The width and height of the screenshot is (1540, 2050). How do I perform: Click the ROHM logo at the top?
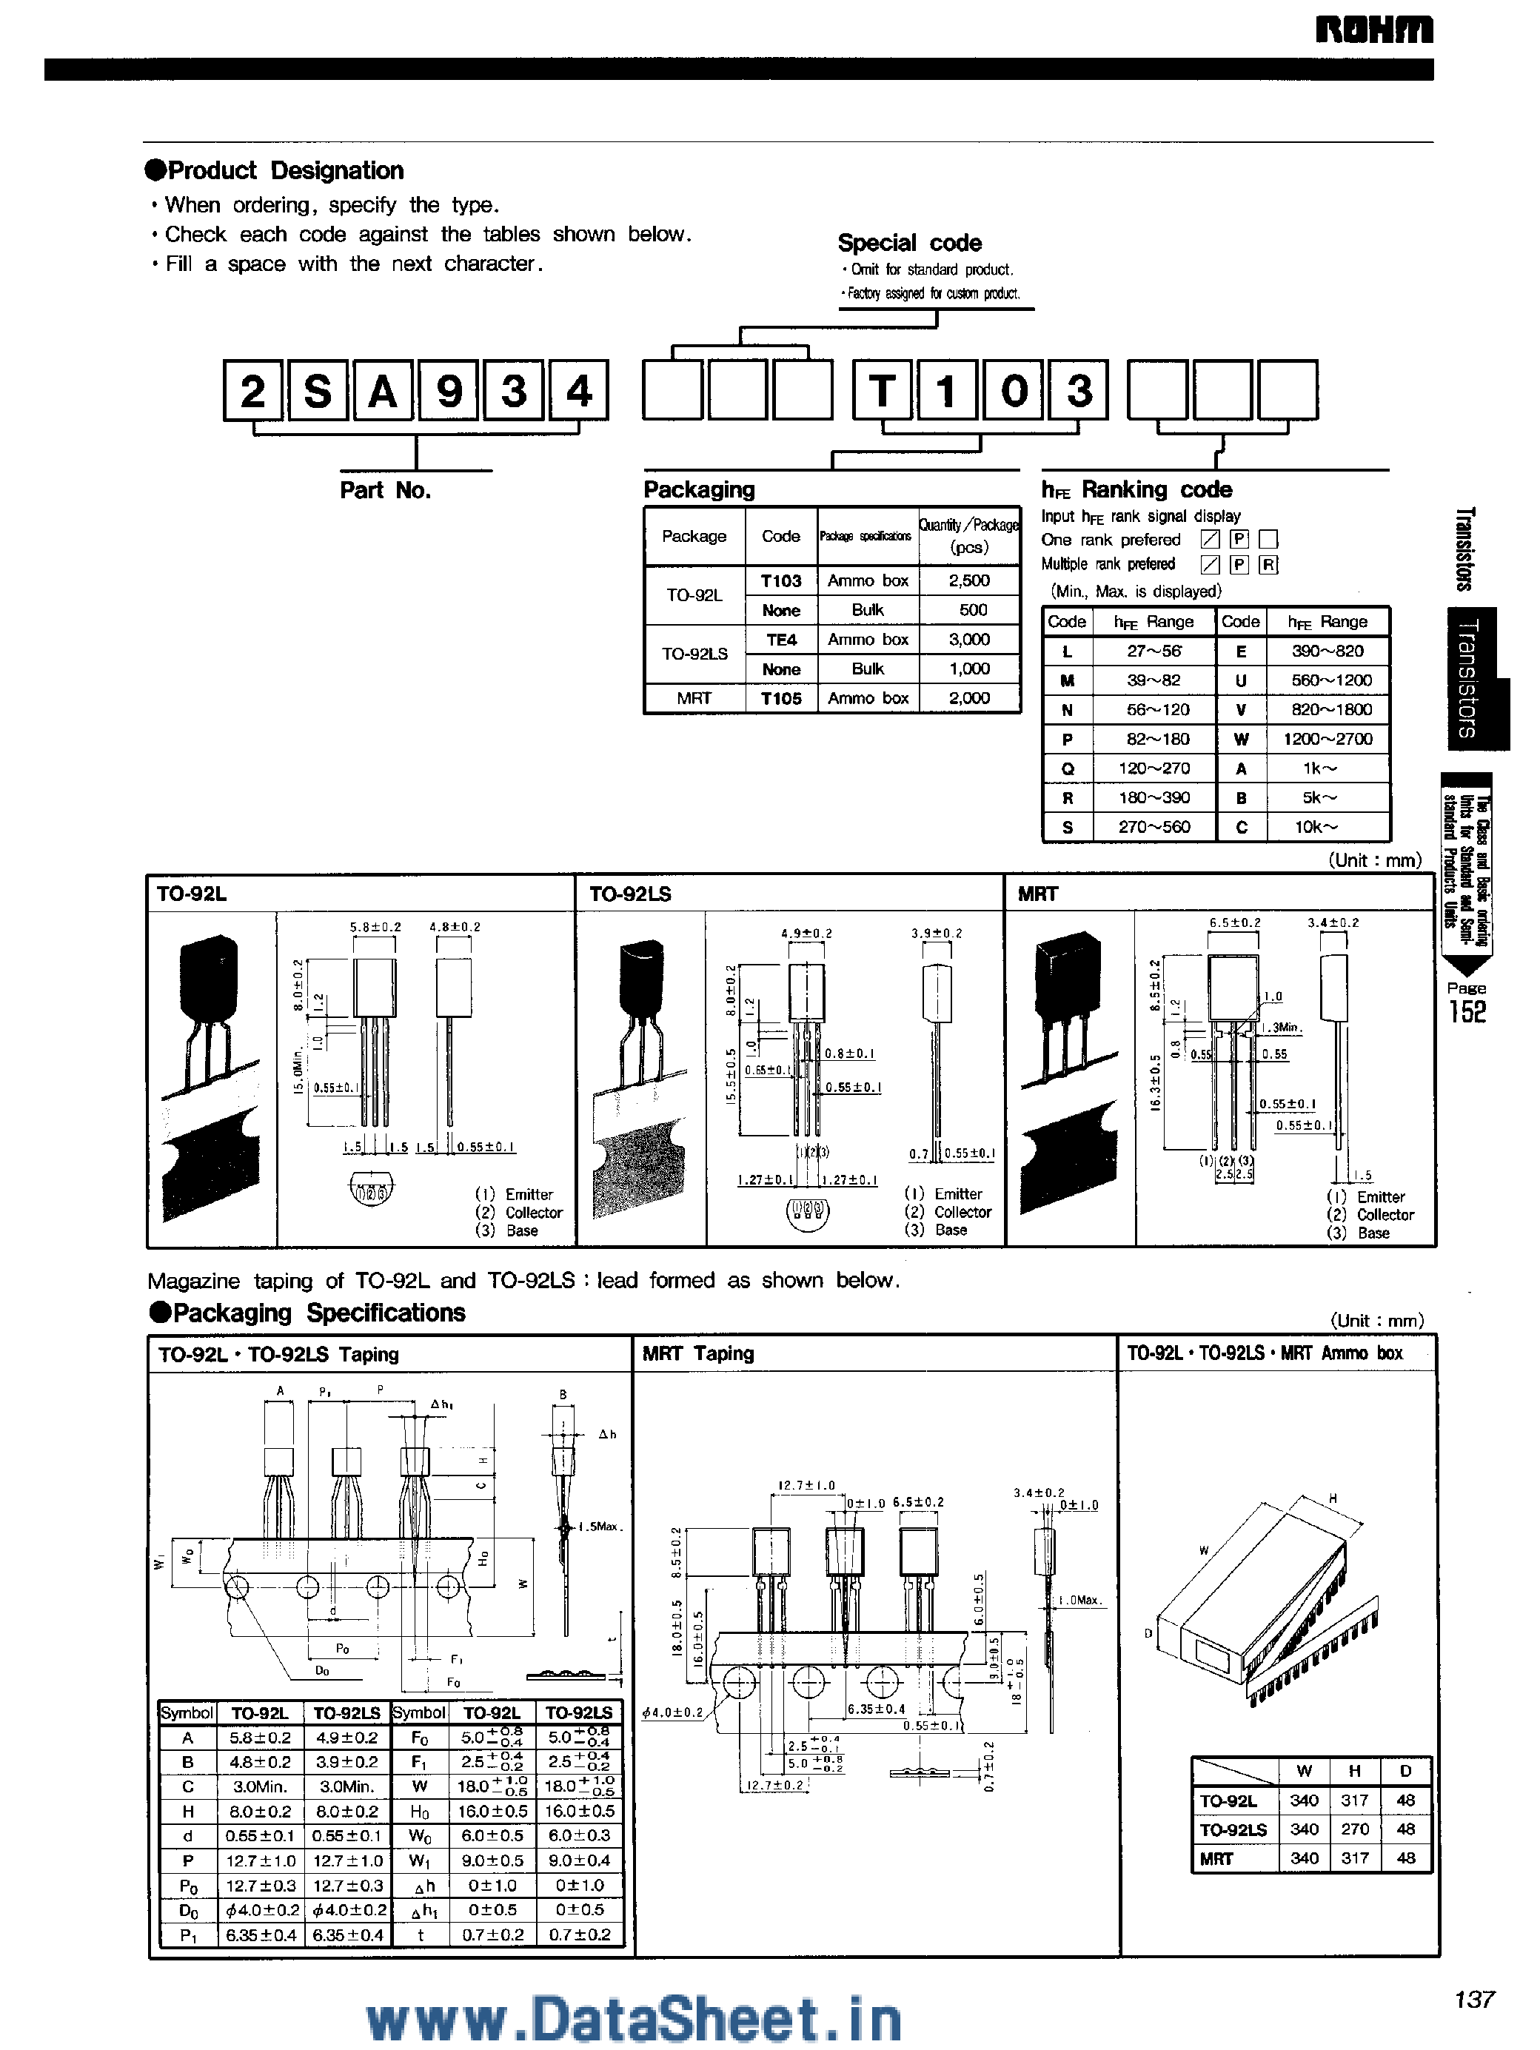tap(1373, 30)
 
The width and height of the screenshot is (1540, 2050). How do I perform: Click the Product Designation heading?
tap(275, 170)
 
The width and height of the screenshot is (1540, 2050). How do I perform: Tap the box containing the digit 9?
tap(449, 390)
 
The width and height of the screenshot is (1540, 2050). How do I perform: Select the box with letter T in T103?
tap(883, 390)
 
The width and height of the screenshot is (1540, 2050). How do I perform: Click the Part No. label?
tap(386, 490)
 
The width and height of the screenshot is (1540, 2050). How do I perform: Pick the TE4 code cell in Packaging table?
tap(781, 640)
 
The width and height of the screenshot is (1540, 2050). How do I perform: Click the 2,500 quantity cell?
tap(968, 580)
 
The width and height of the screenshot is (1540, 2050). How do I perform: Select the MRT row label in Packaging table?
tap(693, 699)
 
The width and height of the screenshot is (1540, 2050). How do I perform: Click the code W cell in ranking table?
tap(1241, 740)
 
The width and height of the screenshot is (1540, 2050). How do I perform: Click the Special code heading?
tap(909, 243)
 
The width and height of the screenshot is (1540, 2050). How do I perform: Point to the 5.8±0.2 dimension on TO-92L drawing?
tap(375, 926)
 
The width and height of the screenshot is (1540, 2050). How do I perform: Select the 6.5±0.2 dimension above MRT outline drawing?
tap(1234, 922)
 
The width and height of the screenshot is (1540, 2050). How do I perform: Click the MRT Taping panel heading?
tap(697, 1354)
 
